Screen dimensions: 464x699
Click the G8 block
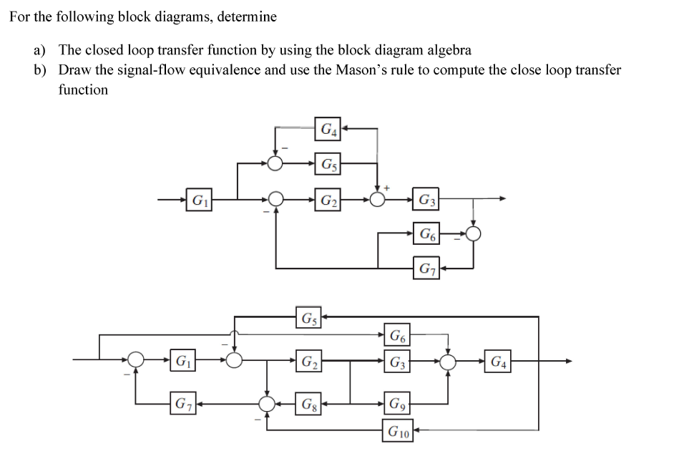308,405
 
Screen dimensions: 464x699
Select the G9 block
397,405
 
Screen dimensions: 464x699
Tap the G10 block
398,431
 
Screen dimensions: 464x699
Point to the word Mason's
363,70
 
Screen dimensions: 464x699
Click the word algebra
449,50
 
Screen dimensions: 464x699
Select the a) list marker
39,50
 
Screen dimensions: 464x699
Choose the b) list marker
40,70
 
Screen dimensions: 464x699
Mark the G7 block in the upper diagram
426,269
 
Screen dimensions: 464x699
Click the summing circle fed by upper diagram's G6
473,233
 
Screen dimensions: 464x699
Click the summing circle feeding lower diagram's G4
448,361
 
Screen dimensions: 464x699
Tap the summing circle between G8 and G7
268,405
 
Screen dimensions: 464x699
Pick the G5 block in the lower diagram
308,316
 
